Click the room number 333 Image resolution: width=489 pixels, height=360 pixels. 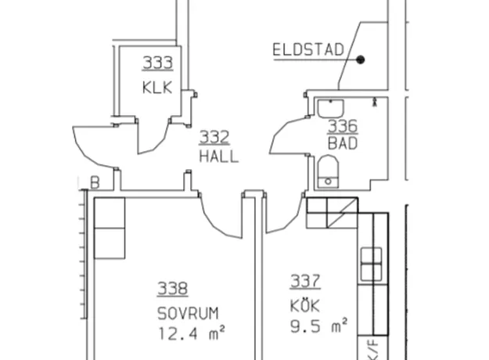point(157,63)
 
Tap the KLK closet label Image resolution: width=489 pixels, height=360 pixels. point(157,88)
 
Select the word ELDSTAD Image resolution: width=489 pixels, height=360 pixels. point(308,50)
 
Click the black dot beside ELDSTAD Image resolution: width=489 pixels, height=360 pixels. point(361,59)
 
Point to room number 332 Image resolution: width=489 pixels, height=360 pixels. point(214,137)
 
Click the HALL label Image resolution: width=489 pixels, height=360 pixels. point(219,157)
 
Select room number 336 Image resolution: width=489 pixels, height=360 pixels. point(343,126)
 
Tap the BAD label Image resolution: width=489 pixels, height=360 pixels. point(343,143)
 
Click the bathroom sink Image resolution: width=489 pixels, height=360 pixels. point(331,108)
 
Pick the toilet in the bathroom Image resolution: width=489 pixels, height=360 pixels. point(328,171)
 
